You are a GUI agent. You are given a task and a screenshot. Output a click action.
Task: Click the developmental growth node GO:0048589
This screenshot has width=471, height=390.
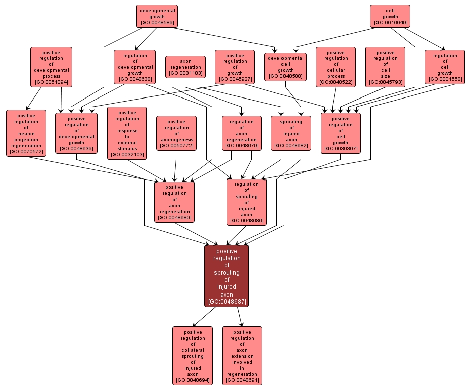coord(157,16)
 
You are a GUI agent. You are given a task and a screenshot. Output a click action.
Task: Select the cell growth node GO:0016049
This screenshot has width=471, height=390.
coord(390,16)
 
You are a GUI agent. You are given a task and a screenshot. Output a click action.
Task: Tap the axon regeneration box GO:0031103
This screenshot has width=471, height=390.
coord(185,67)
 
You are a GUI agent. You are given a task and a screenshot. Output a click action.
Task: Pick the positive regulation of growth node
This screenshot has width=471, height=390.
coord(234,66)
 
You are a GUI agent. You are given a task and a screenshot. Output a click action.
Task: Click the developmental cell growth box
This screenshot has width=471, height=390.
coord(285,67)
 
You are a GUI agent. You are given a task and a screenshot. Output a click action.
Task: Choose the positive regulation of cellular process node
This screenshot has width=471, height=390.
coord(335,67)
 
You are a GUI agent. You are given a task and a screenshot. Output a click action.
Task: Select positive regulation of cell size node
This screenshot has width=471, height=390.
coord(385,67)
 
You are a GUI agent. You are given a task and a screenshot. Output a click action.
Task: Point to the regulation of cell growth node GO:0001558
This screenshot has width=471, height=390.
coord(444,67)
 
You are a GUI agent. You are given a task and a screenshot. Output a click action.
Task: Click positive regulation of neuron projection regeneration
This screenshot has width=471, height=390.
coord(26,133)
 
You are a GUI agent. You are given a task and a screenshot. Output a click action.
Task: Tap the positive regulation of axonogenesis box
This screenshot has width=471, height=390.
coord(176,133)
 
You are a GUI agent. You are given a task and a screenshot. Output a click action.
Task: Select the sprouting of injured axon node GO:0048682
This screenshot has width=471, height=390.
coord(291,133)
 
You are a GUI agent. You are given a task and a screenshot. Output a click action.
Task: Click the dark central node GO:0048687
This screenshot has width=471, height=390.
coord(226,275)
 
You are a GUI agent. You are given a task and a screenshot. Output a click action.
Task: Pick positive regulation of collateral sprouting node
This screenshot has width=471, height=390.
coord(192,355)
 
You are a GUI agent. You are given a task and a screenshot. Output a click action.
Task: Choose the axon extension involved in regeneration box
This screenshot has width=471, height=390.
coord(242,355)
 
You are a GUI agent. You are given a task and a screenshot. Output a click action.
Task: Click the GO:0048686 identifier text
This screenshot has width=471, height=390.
coord(247,221)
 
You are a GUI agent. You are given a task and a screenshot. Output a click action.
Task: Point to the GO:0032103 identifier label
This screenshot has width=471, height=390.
coord(127,155)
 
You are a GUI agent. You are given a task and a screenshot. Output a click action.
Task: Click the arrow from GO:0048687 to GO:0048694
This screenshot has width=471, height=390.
coord(204,316)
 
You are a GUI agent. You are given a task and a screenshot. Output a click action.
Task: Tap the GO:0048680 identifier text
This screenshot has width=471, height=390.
coord(174,218)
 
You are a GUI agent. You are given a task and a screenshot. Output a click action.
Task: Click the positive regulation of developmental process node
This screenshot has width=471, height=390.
coord(51,67)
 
